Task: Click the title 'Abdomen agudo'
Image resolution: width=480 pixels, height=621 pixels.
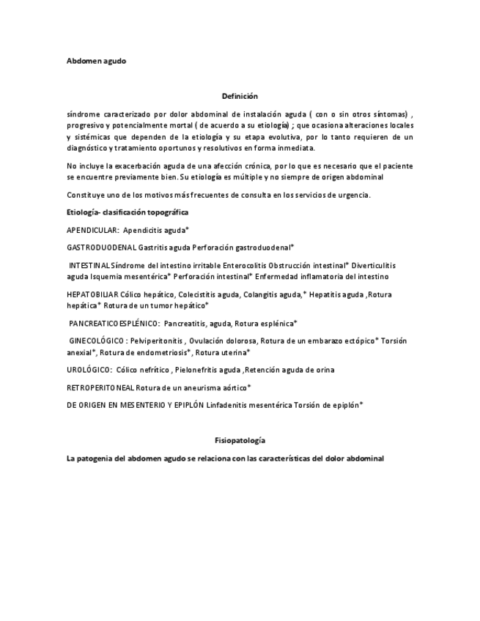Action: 96,61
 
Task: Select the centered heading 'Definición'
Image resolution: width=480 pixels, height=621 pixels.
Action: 240,96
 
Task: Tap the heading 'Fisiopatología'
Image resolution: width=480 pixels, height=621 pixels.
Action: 240,440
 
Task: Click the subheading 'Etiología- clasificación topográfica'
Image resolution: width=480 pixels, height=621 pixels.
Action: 128,212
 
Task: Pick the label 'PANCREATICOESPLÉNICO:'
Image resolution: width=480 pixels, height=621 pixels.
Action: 114,323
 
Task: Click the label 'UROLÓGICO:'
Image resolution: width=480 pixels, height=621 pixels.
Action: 89,370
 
